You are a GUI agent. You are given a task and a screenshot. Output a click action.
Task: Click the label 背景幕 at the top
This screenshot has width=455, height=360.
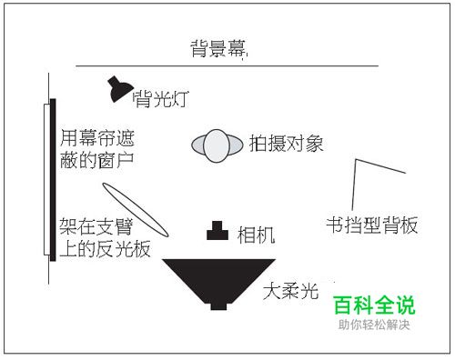pos(218,48)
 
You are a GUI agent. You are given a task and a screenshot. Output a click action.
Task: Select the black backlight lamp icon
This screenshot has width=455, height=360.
pos(117,88)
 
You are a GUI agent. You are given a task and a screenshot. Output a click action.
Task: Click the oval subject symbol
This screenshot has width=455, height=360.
pos(216,145)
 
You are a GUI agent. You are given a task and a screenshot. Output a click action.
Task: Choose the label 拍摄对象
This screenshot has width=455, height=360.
pos(287,143)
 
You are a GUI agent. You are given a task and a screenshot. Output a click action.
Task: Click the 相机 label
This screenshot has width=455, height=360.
pos(256,234)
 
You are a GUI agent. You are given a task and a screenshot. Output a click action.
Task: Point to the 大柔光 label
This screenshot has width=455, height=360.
pos(289,292)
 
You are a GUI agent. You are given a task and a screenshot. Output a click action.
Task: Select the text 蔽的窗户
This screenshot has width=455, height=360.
pos(96,163)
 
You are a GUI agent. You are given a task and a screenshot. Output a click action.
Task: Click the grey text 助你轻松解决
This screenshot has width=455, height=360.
pos(374,325)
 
